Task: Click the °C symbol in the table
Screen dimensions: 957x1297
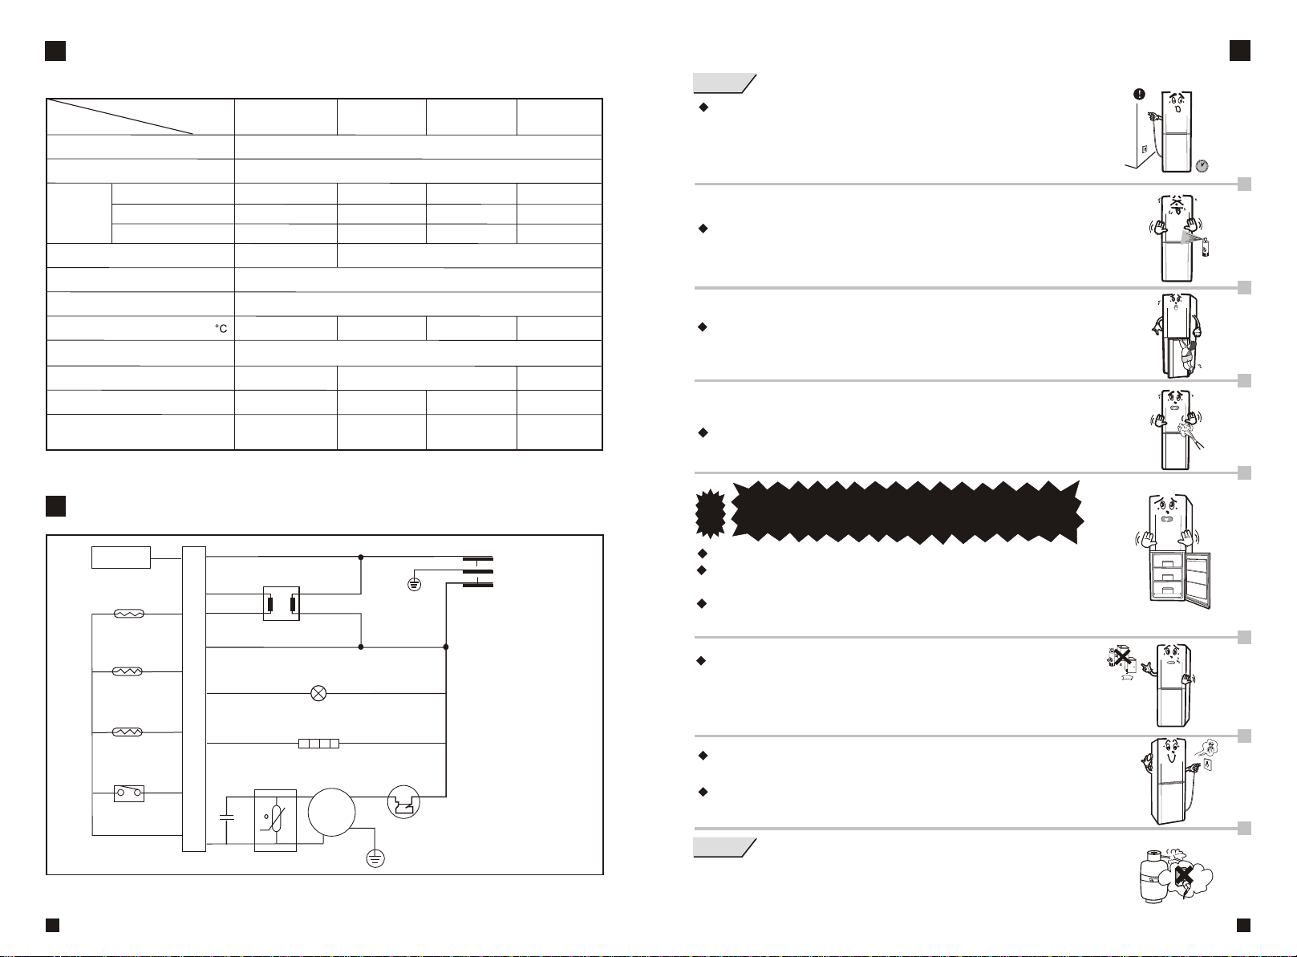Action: coord(221,329)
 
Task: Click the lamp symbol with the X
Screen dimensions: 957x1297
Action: coord(318,694)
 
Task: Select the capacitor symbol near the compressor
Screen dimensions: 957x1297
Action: coord(226,817)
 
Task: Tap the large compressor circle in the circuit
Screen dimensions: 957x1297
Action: coord(331,813)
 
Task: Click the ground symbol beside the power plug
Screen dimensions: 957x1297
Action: coord(414,583)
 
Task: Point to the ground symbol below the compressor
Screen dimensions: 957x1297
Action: coord(375,858)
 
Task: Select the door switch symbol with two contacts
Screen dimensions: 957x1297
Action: coord(129,794)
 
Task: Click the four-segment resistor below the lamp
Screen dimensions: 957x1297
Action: coord(318,744)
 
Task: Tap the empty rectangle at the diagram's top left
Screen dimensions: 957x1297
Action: coord(121,557)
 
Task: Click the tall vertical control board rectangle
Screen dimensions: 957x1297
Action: coord(194,698)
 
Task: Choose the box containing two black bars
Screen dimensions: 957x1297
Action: coord(282,603)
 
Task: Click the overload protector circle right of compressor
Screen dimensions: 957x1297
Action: coord(403,801)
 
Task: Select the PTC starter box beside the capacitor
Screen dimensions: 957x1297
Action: coord(275,820)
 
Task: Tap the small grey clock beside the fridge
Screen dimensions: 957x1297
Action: coord(1202,166)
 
